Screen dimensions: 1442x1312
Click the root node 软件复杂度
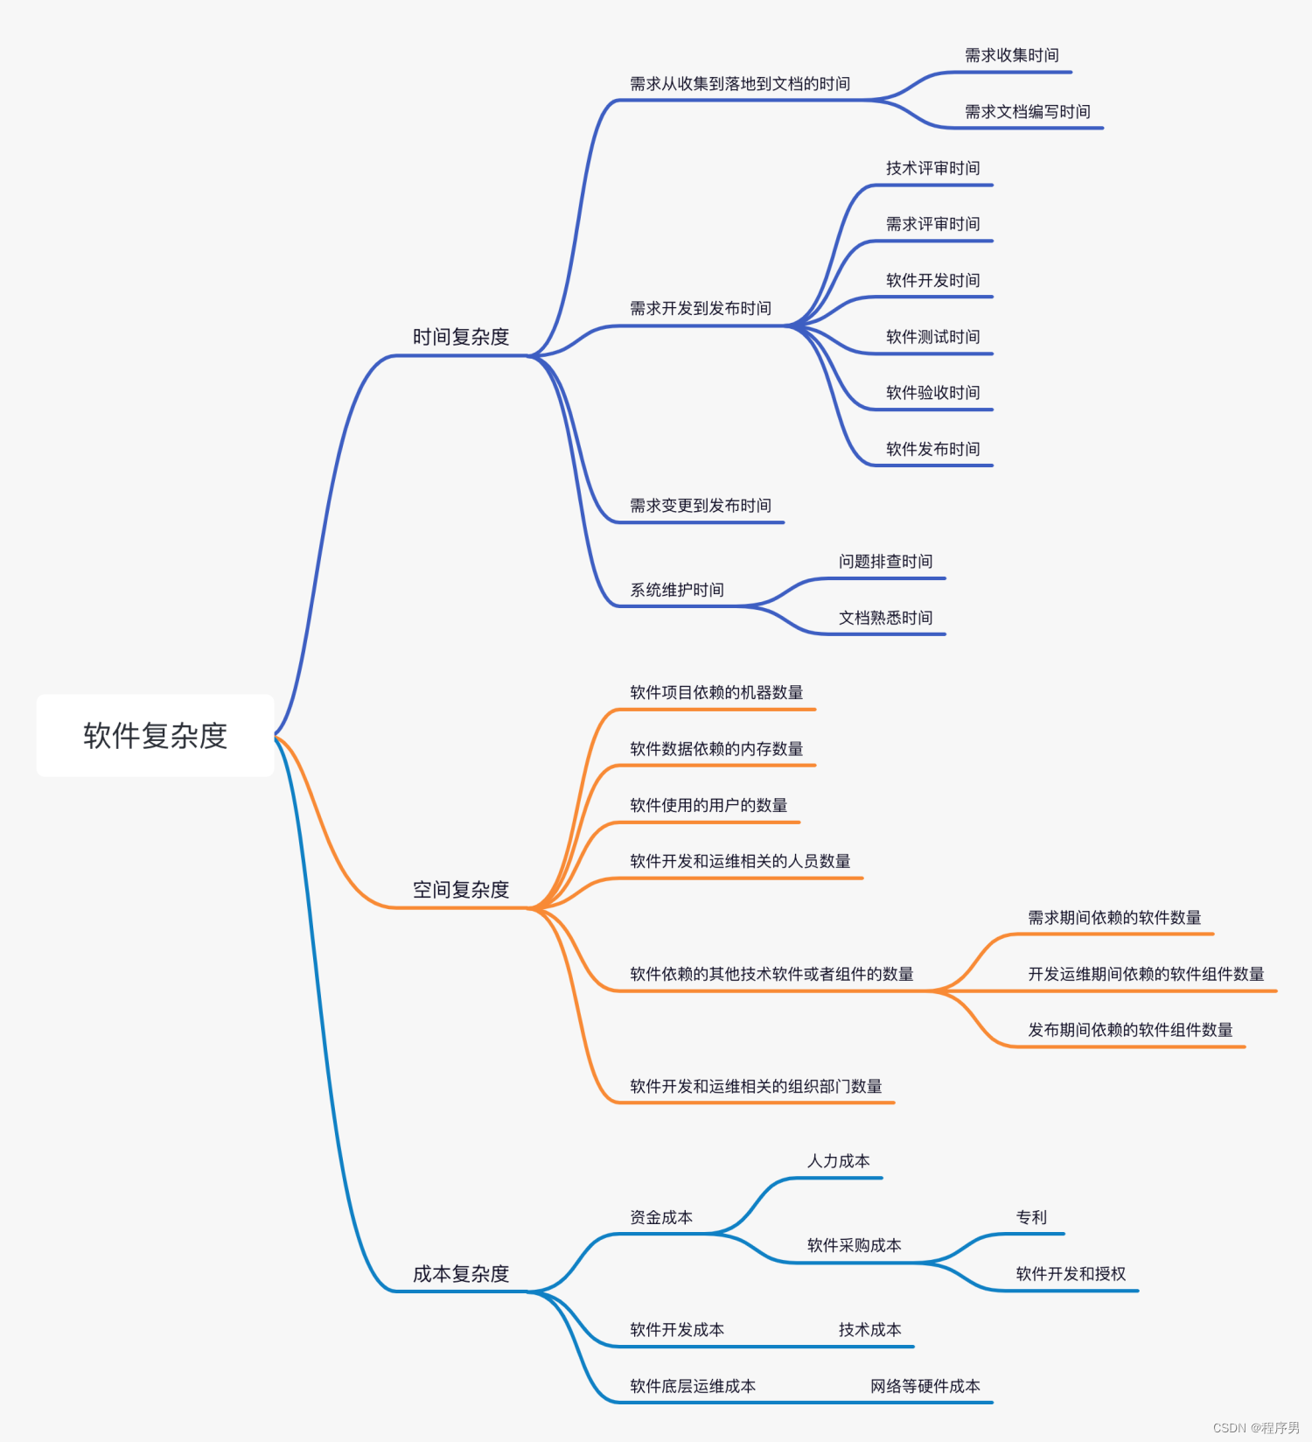click(155, 736)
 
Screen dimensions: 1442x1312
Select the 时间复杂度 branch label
click(461, 337)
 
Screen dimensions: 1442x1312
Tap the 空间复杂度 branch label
click(461, 890)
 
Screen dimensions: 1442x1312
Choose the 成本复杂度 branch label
click(461, 1274)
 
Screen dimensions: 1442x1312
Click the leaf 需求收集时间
click(1011, 56)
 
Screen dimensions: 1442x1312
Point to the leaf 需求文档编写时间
click(1027, 112)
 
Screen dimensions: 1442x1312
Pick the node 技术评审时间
click(932, 168)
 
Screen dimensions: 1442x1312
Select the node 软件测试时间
click(932, 337)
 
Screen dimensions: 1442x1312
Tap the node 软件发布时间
click(932, 449)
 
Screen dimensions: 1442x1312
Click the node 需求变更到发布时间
click(701, 506)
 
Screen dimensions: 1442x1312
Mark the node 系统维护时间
click(677, 590)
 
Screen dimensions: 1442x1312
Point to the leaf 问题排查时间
click(885, 562)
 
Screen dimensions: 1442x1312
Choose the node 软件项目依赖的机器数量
click(716, 693)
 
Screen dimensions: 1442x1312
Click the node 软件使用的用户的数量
click(708, 805)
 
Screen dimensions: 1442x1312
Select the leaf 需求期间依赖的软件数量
click(1114, 918)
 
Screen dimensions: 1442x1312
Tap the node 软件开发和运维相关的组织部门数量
click(756, 1087)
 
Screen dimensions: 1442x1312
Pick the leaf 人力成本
click(838, 1161)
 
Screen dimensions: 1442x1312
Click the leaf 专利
click(1031, 1217)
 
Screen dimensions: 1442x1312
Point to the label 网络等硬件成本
click(925, 1386)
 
